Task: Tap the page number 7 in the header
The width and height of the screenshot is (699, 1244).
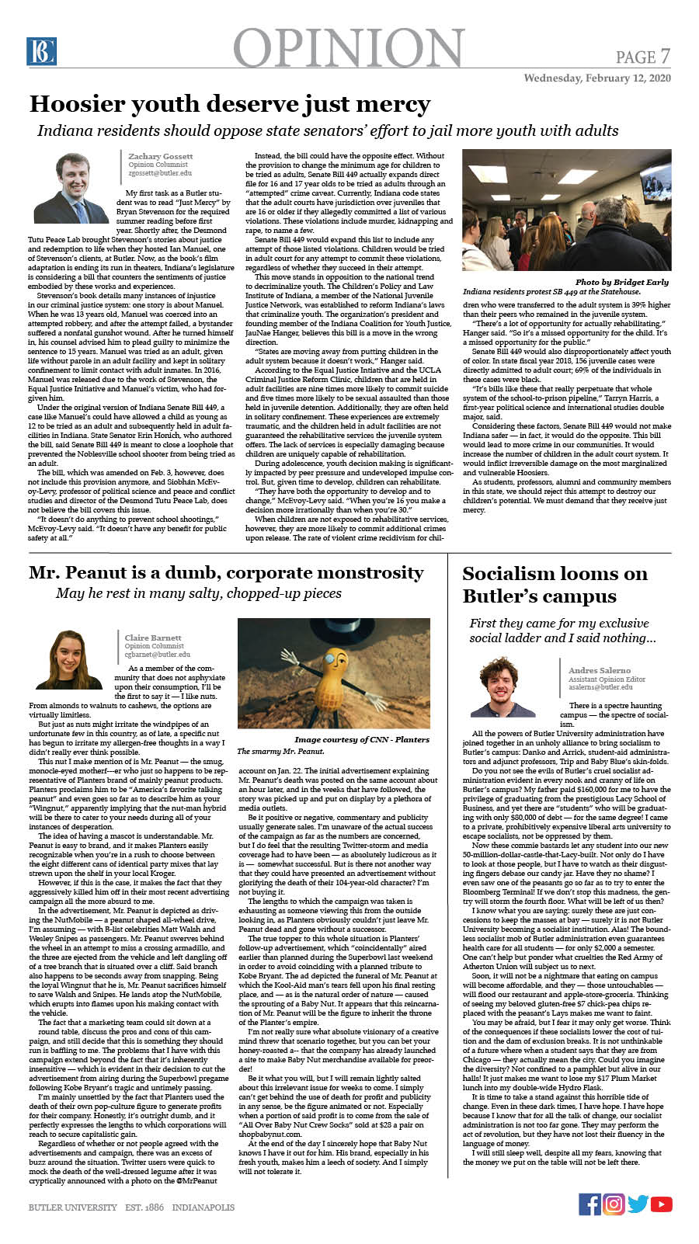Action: pyautogui.click(x=665, y=56)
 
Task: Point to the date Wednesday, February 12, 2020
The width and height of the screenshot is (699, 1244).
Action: pyautogui.click(x=596, y=78)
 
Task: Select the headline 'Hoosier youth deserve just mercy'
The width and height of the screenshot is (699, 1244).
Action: pyautogui.click(x=230, y=104)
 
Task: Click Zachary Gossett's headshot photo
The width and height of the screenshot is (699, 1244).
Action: pyautogui.click(x=71, y=189)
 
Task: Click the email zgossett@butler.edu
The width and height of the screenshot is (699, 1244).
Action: pyautogui.click(x=160, y=173)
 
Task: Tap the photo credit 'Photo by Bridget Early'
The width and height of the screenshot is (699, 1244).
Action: pyautogui.click(x=621, y=282)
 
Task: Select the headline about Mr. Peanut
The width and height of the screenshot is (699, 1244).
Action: pyautogui.click(x=226, y=573)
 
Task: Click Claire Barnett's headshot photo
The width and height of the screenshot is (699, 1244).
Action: pyautogui.click(x=70, y=660)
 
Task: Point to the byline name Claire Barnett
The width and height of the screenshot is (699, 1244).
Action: pyautogui.click(x=153, y=638)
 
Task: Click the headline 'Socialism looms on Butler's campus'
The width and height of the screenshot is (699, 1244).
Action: pyautogui.click(x=555, y=585)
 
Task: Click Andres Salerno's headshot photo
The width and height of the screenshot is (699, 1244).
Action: pyautogui.click(x=503, y=687)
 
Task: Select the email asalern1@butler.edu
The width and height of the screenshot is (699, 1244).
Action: pyautogui.click(x=600, y=687)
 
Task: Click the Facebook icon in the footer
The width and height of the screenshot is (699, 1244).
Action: pyautogui.click(x=589, y=1204)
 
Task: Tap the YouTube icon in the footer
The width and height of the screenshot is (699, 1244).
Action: pyautogui.click(x=662, y=1204)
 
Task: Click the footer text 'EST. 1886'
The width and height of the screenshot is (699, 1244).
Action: pyautogui.click(x=144, y=1208)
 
